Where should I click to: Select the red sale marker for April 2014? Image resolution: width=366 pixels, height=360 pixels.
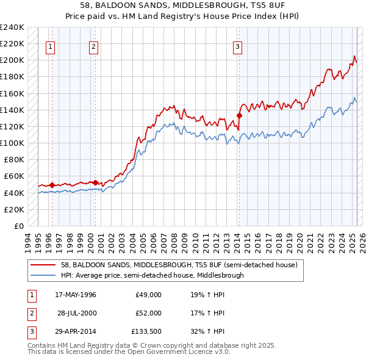pos(240,115)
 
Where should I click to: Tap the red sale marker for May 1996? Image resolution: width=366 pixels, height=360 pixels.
pos(52,185)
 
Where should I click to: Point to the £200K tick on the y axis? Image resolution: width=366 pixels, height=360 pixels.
pos(12,60)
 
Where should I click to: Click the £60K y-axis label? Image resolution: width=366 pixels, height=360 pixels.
pos(15,176)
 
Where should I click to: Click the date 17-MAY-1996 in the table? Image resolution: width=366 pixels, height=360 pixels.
pos(76,295)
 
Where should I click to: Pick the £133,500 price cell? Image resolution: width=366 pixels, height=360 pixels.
pos(147,331)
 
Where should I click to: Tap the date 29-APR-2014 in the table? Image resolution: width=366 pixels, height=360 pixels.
pos(76,331)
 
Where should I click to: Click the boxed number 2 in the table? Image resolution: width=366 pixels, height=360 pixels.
pos(30,313)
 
